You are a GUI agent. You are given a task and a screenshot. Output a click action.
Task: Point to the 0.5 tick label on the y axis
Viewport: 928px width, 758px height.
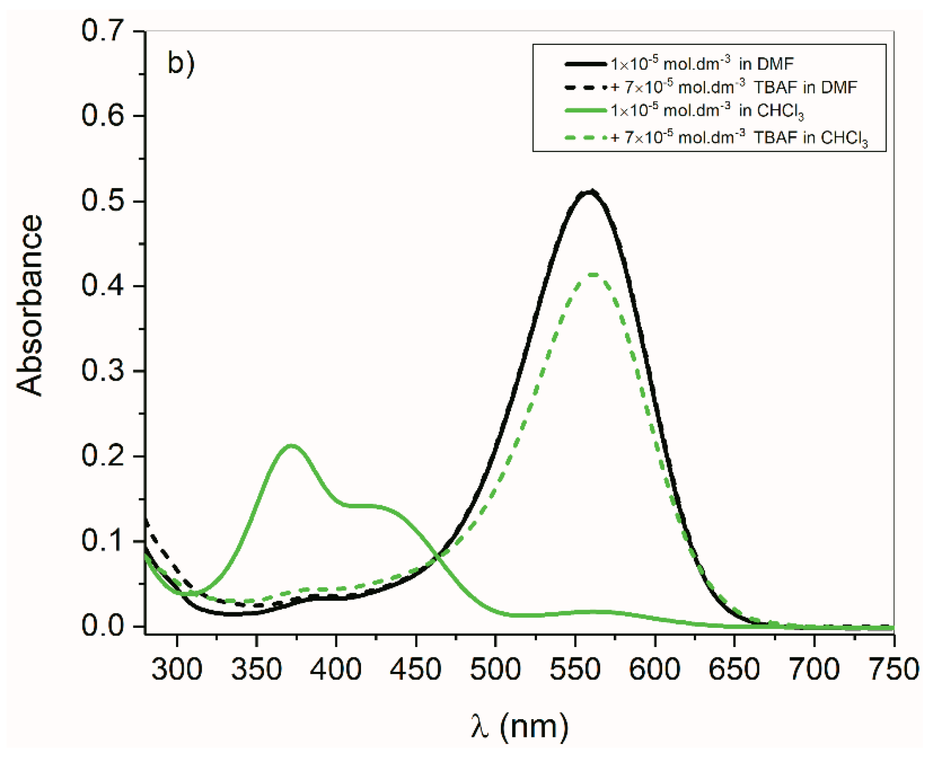pyautogui.click(x=103, y=201)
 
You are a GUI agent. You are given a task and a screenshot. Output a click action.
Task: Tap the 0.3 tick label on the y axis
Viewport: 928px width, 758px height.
pyautogui.click(x=103, y=371)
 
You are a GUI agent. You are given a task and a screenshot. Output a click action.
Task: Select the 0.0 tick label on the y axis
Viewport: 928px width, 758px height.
pyautogui.click(x=103, y=626)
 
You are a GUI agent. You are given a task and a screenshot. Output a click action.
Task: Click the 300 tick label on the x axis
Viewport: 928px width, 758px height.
pyautogui.click(x=177, y=669)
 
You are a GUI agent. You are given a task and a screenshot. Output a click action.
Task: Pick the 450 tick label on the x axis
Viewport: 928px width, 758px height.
pyautogui.click(x=416, y=669)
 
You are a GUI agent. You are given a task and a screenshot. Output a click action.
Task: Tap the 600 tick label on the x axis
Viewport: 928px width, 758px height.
pyautogui.click(x=655, y=669)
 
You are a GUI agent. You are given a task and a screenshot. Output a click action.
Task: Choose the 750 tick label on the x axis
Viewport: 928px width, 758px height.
pyautogui.click(x=893, y=669)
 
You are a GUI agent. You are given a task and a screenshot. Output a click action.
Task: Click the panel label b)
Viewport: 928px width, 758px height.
pyautogui.click(x=181, y=63)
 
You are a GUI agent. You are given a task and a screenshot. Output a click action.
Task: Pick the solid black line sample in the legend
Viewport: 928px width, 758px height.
pyautogui.click(x=586, y=64)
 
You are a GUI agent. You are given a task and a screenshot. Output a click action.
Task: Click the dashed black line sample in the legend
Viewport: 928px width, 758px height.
pyautogui.click(x=586, y=87)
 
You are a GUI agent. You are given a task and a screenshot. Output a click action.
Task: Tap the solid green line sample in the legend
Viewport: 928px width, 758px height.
pyautogui.click(x=586, y=110)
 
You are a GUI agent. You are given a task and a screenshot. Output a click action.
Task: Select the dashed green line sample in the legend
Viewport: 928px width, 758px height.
pyautogui.click(x=586, y=138)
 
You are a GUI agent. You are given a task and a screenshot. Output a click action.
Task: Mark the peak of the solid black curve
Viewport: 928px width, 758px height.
pyautogui.click(x=590, y=191)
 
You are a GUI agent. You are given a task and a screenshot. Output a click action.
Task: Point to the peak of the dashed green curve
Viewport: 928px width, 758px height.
pyautogui.click(x=593, y=274)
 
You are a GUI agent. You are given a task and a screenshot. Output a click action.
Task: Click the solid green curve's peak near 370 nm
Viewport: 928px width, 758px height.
pyautogui.click(x=291, y=445)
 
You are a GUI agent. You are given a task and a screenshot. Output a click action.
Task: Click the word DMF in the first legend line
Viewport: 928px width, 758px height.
pyautogui.click(x=778, y=64)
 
